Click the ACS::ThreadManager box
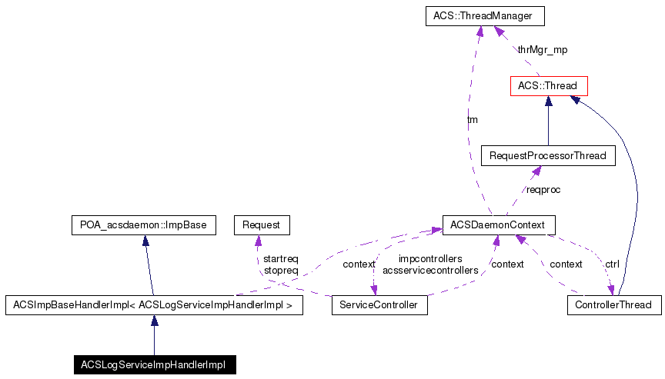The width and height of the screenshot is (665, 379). [484, 16]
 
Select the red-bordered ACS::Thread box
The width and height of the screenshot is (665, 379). [548, 85]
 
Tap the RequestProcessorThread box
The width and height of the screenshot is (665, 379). [548, 156]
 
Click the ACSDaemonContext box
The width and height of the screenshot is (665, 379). [497, 225]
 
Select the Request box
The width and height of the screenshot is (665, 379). [261, 225]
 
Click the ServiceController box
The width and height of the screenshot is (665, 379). [379, 305]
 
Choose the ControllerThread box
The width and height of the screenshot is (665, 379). [613, 305]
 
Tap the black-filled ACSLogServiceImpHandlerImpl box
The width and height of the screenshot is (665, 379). [154, 364]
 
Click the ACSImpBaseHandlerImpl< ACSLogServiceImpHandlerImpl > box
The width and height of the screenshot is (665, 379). [153, 305]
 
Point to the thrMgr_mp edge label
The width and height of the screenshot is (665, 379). [542, 49]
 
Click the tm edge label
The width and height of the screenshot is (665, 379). [473, 120]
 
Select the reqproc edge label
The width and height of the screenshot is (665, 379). [543, 189]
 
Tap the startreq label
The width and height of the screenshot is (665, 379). [280, 259]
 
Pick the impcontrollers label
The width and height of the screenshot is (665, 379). [430, 259]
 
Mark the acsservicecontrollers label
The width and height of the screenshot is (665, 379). [430, 271]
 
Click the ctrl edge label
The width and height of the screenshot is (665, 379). [612, 264]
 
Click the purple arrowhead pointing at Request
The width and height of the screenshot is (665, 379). [257, 241]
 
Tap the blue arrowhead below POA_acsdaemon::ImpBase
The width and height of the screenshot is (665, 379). [145, 241]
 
